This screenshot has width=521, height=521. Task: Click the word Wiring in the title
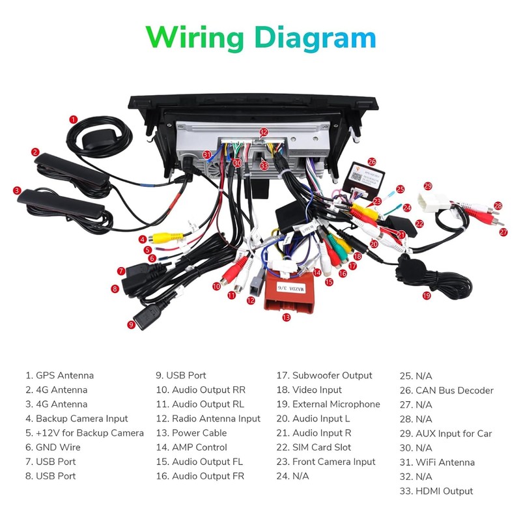coord(195,37)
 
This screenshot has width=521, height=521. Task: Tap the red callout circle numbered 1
coord(74,119)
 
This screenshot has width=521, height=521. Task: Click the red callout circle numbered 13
coord(285,318)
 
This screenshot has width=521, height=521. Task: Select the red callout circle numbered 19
coord(427,295)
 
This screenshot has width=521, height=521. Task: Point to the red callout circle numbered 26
coord(372,161)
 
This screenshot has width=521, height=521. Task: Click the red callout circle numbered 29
coord(428,186)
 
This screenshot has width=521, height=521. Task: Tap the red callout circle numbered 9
coord(131,324)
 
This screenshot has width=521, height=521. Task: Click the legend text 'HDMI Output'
coord(445,491)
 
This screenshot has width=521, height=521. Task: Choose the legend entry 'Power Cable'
coord(199,433)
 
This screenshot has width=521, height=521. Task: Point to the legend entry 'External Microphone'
coord(336,404)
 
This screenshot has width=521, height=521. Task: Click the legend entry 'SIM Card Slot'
coord(322,447)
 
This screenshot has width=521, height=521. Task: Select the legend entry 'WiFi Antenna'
coord(445,462)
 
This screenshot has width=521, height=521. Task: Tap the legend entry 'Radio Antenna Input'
coord(216,419)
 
